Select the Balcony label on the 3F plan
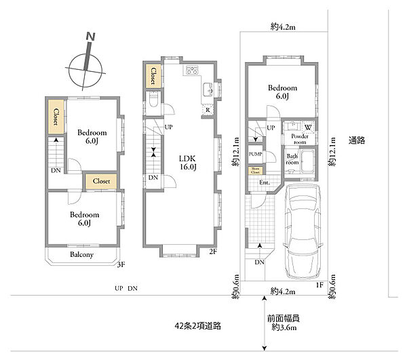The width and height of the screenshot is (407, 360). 82,255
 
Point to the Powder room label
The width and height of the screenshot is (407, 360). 300,139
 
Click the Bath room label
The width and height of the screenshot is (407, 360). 293,160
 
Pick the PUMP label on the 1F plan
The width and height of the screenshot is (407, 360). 255,153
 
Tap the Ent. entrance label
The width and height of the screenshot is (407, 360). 265,182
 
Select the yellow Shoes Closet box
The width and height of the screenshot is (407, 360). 255,170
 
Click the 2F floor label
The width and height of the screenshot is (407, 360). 212,252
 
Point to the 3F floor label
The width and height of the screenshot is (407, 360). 121,265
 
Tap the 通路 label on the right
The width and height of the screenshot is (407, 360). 357,140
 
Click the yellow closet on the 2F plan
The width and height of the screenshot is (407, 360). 154,75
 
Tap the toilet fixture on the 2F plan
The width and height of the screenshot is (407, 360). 153,101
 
